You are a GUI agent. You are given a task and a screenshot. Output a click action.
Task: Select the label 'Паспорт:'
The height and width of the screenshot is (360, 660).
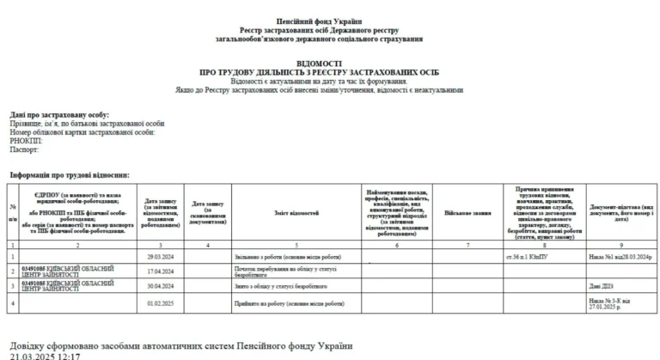[24, 149]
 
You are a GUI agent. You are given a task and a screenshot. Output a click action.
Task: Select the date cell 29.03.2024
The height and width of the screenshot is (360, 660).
[162, 257]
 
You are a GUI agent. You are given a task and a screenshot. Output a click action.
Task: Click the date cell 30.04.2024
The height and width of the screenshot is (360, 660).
[162, 287]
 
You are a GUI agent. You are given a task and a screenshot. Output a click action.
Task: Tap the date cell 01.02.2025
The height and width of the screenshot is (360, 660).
[162, 303]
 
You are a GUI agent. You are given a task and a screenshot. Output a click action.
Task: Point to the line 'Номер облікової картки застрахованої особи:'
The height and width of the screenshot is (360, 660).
[83, 132]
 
